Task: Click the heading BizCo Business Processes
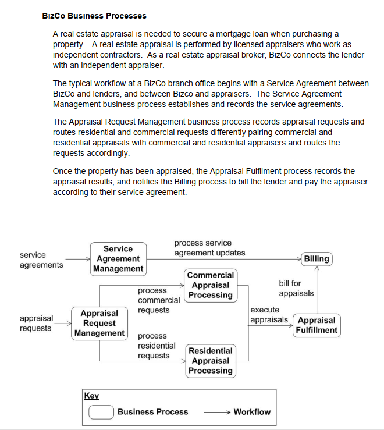pyautogui.click(x=94, y=16)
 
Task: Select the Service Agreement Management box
pyautogui.click(x=118, y=259)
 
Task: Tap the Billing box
pyautogui.click(x=317, y=259)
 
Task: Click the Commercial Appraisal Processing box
pyautogui.click(x=211, y=285)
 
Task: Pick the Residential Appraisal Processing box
pyautogui.click(x=211, y=361)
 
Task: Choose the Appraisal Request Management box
pyautogui.click(x=99, y=324)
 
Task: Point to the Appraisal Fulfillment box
pyautogui.click(x=316, y=325)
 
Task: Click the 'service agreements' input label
pyautogui.click(x=41, y=260)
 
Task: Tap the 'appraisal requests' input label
pyautogui.click(x=36, y=324)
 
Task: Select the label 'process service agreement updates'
pyautogui.click(x=209, y=248)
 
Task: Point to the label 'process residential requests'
pyautogui.click(x=156, y=346)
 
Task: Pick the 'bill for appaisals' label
pyautogui.click(x=296, y=289)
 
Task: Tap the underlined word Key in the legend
pyautogui.click(x=91, y=396)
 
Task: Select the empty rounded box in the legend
pyautogui.click(x=101, y=412)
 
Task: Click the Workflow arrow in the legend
pyautogui.click(x=216, y=412)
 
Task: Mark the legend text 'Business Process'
pyautogui.click(x=152, y=412)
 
